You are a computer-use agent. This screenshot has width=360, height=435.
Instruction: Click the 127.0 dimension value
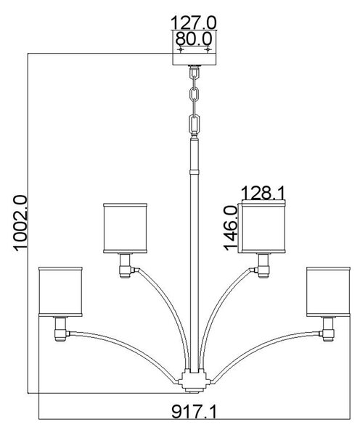(193, 22)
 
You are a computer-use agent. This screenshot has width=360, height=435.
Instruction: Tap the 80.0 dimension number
(194, 38)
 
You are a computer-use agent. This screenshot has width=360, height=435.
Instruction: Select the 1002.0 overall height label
(20, 223)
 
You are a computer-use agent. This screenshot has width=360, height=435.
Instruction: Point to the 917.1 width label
(194, 411)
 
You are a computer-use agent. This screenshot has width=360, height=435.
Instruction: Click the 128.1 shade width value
(263, 192)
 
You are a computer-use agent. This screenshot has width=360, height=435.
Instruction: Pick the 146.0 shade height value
(230, 228)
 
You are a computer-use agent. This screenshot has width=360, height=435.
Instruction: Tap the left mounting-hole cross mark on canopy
(181, 49)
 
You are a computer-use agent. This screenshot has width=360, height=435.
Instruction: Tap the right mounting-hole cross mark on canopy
(208, 49)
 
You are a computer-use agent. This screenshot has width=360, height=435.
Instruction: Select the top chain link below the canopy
(195, 73)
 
